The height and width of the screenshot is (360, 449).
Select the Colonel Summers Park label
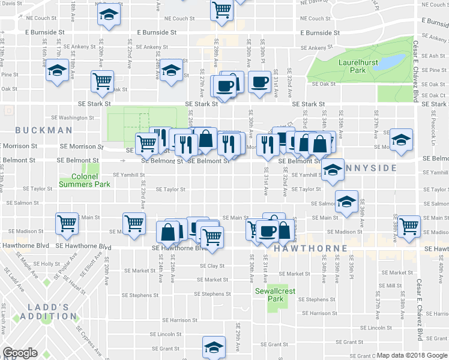(84, 181)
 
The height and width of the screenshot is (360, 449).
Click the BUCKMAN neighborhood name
(35, 130)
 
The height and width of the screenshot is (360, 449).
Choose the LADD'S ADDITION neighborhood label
(45, 311)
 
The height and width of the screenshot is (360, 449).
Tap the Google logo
(20, 353)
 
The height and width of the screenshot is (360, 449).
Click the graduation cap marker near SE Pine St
(57, 71)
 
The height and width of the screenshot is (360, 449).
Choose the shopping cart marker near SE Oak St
(102, 81)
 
